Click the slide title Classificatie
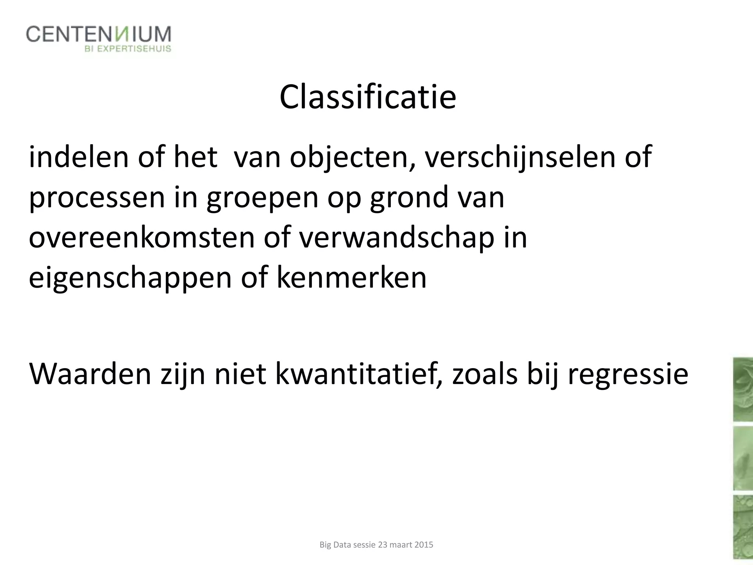pyautogui.click(x=368, y=97)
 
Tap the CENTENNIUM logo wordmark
pyautogui.click(x=99, y=35)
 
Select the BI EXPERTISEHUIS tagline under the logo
pyautogui.click(x=128, y=49)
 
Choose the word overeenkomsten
pyautogui.click(x=142, y=238)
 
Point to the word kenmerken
pyautogui.click(x=351, y=277)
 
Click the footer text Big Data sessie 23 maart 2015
pyautogui.click(x=376, y=545)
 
